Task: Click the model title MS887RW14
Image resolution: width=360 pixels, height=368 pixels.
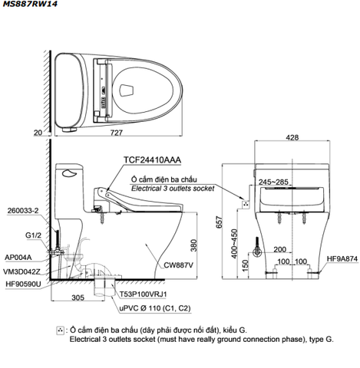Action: [30, 4]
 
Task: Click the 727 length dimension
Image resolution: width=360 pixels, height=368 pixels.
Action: [117, 133]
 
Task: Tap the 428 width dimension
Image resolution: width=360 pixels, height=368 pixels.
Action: [292, 137]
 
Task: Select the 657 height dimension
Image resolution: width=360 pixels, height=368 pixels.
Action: [220, 222]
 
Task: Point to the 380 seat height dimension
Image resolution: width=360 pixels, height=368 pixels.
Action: [194, 245]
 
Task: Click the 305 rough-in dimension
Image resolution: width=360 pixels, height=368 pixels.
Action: [78, 297]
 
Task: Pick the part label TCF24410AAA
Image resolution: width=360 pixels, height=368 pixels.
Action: [152, 160]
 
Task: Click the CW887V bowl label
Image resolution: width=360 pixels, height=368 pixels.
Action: [179, 265]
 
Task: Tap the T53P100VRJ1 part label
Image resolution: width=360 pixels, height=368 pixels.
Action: [144, 294]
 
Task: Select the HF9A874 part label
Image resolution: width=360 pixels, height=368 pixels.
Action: [342, 259]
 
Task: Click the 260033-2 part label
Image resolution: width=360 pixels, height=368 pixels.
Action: [23, 211]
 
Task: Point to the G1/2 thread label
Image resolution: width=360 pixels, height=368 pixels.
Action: [33, 235]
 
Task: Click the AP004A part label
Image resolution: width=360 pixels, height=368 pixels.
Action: [18, 258]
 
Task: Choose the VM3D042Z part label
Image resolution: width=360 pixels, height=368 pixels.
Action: [21, 272]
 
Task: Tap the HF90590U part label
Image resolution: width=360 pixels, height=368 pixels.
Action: [23, 284]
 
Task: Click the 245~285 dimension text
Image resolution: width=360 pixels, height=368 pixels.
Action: [273, 182]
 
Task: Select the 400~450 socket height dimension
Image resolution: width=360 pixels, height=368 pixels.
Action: [234, 244]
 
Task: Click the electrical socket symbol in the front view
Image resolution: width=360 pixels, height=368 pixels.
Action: [246, 204]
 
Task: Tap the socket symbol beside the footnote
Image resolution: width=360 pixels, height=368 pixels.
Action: [60, 330]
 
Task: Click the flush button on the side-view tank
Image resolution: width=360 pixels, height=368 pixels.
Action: [69, 173]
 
